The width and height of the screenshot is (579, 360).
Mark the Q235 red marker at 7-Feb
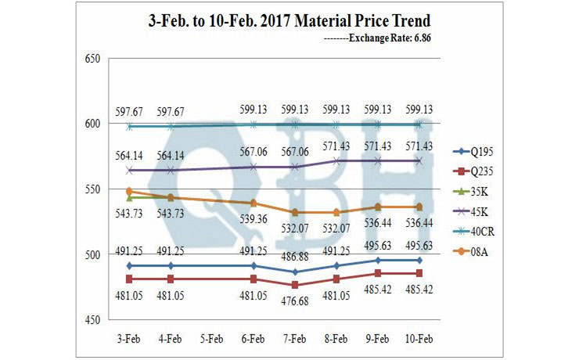coord(294,285)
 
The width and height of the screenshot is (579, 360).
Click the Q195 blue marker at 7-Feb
coord(294,272)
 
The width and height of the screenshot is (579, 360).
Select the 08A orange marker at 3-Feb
coord(128,191)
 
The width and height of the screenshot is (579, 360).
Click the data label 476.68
coord(294,301)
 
